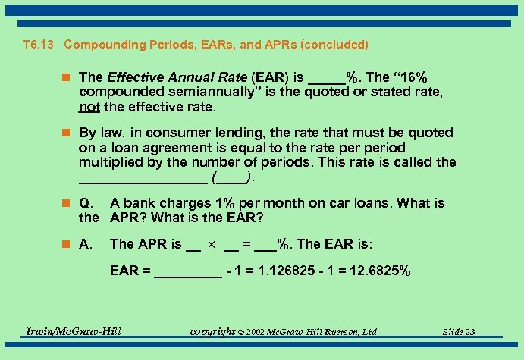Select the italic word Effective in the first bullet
tap(133, 77)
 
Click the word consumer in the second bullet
tap(179, 133)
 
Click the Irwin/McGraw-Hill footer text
tap(74, 330)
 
